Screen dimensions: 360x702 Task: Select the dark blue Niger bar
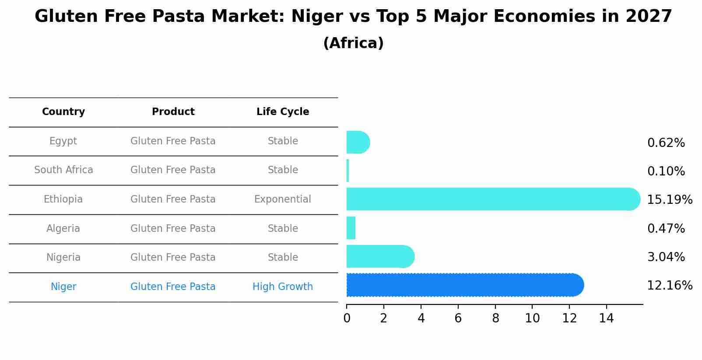464,285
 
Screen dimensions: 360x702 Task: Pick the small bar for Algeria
351,228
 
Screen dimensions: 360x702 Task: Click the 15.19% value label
669,200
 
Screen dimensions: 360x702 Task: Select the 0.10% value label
666,171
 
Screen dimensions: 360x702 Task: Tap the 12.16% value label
669,286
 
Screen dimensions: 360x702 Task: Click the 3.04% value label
666,257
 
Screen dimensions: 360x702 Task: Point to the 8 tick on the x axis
495,318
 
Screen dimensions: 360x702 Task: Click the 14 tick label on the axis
607,318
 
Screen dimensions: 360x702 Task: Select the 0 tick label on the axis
347,318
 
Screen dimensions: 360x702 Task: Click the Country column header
63,112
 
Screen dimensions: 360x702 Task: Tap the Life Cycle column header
283,112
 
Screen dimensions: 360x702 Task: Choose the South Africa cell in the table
63,170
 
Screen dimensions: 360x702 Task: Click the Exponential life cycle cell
283,199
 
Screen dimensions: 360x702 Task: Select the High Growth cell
283,287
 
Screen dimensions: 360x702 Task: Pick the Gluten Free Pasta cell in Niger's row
173,287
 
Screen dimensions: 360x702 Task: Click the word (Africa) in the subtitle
353,43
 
